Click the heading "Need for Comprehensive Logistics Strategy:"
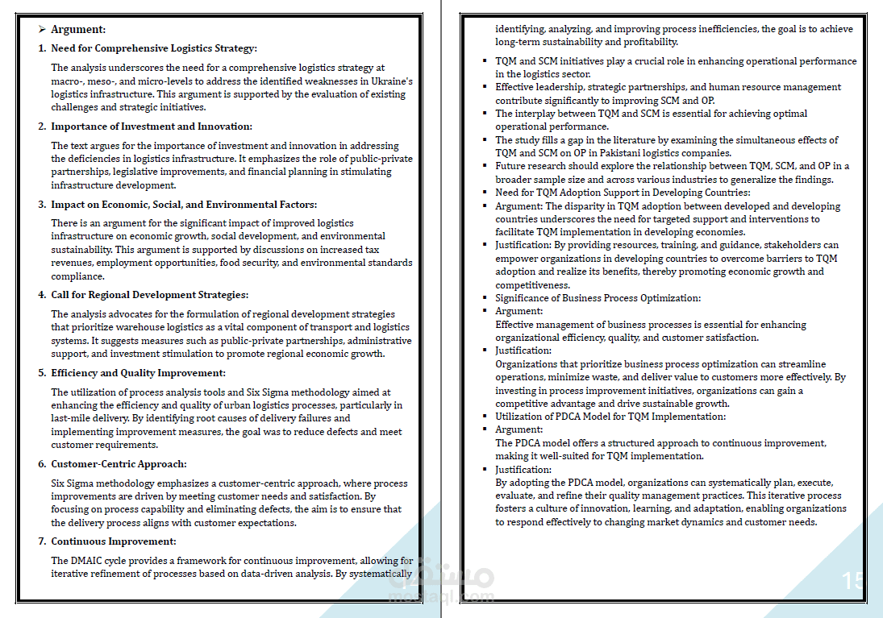[x=154, y=48]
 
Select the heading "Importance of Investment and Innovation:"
[x=152, y=127]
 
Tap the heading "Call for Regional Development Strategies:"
[x=149, y=295]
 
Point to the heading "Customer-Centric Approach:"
[x=119, y=464]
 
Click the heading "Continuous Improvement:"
[x=113, y=541]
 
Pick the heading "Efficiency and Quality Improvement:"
[x=138, y=373]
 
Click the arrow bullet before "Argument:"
[x=41, y=29]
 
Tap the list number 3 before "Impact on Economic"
[x=42, y=205]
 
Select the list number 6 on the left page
[x=42, y=464]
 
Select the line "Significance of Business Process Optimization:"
[x=598, y=298]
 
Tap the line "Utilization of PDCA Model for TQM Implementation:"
[x=610, y=417]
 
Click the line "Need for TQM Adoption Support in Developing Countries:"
[x=623, y=193]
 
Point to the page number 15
[x=852, y=581]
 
